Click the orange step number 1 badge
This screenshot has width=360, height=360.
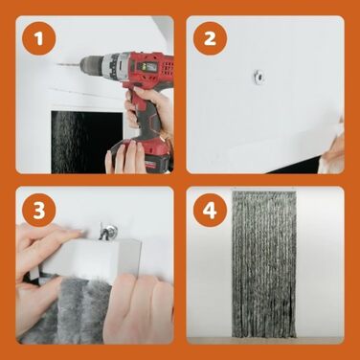tap(39, 39)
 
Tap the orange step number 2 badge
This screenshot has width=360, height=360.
tap(210, 39)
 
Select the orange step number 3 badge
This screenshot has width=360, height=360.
tap(39, 210)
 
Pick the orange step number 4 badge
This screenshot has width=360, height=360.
tap(210, 210)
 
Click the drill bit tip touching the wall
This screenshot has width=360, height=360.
tap(57, 65)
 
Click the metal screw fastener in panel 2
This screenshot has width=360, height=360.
tap(259, 77)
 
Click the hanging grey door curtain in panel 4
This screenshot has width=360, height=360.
tap(264, 263)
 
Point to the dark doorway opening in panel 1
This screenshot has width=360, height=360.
tap(87, 142)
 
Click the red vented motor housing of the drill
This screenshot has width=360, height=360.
tap(150, 67)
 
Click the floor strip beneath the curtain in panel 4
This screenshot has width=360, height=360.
tap(265, 340)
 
